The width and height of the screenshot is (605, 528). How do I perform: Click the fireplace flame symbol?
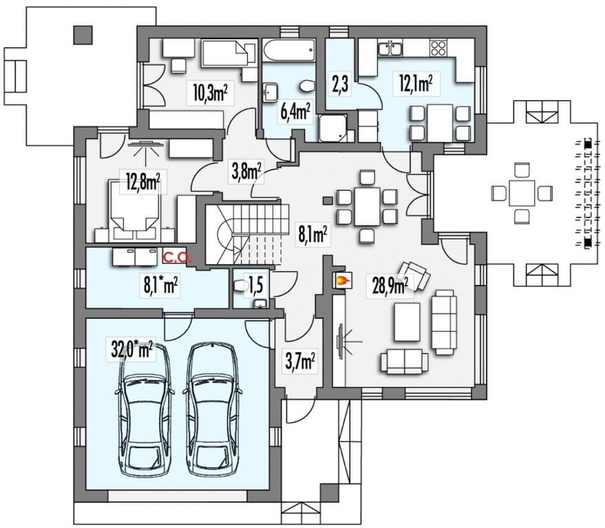pyautogui.click(x=343, y=279)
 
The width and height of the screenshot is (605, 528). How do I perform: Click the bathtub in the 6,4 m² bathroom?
pyautogui.click(x=289, y=50)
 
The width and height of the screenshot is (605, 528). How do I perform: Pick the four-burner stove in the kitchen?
pyautogui.click(x=438, y=48)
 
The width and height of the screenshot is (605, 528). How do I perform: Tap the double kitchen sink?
pyautogui.click(x=390, y=48)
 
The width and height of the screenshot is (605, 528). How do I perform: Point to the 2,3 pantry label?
pyautogui.click(x=340, y=84)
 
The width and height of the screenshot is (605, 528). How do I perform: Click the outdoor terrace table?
pyautogui.click(x=521, y=193)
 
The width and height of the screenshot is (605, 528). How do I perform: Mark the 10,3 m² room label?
pyautogui.click(x=211, y=93)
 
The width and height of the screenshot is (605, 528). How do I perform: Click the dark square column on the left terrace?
pyautogui.click(x=83, y=34)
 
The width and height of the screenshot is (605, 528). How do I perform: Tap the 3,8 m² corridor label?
pyautogui.click(x=246, y=171)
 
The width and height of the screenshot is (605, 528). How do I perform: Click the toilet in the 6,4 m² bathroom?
pyautogui.click(x=308, y=86)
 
